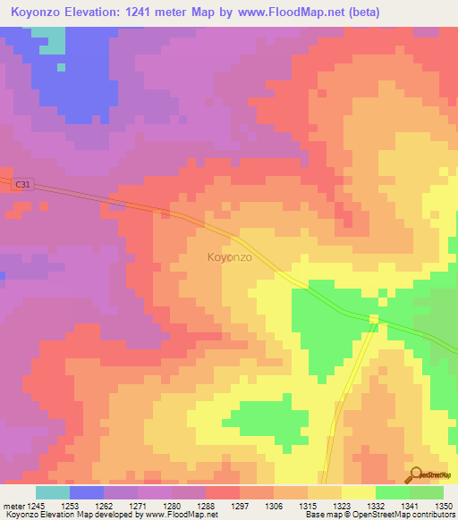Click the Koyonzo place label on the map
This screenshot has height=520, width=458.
pyautogui.click(x=229, y=257)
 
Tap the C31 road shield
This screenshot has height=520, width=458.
pyautogui.click(x=22, y=184)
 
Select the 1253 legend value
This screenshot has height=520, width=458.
pyautogui.click(x=69, y=505)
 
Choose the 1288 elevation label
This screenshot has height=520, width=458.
pyautogui.click(x=207, y=505)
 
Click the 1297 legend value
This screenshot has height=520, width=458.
pyautogui.click(x=241, y=505)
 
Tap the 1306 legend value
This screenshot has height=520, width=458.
pyautogui.click(x=275, y=505)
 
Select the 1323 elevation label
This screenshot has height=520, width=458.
pyautogui.click(x=343, y=505)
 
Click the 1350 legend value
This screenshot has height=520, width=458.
pyautogui.click(x=445, y=505)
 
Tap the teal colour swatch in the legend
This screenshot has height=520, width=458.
pyautogui.click(x=52, y=492)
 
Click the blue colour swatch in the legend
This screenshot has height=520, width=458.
pyautogui.click(x=86, y=492)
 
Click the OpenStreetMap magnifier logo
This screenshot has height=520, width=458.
pyautogui.click(x=417, y=474)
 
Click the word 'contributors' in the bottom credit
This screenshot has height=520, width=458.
pyautogui.click(x=430, y=515)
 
